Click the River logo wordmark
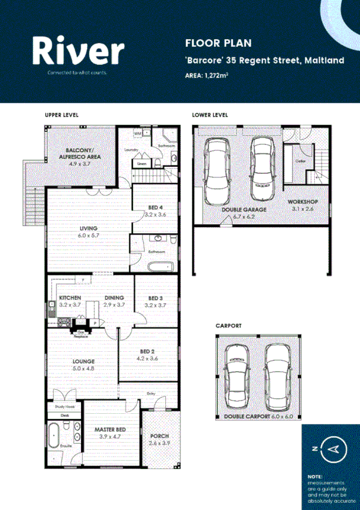pos(78,51)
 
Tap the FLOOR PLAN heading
pos(209,43)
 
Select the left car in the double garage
pos(216,171)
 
